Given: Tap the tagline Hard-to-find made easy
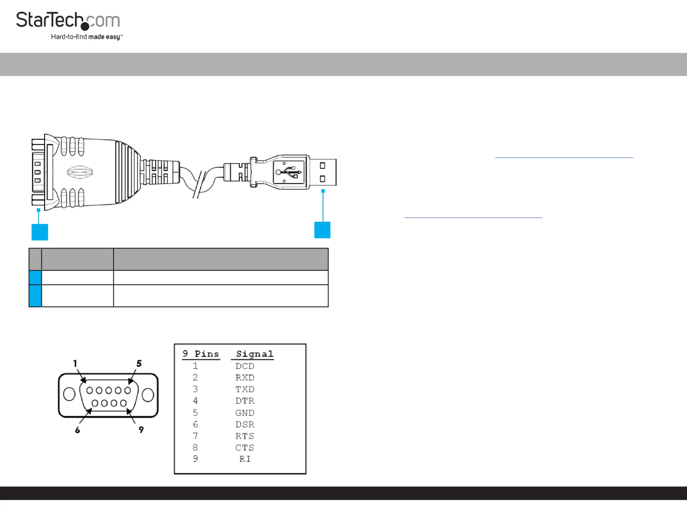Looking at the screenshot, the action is (x=86, y=37).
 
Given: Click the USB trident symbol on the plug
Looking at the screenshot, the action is (x=289, y=172).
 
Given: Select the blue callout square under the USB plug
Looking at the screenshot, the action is (x=322, y=230).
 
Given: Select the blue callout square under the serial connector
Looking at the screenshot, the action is (x=40, y=232).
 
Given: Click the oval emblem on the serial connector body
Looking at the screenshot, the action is (x=80, y=172).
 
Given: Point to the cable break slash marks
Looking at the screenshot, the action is (x=199, y=184).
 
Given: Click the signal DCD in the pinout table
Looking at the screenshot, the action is (x=245, y=366).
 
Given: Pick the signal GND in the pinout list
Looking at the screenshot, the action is (x=245, y=413).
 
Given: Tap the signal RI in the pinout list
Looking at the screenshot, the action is (x=245, y=459).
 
